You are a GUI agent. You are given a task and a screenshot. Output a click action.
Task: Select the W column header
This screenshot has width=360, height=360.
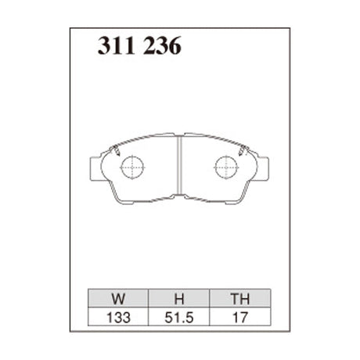[117, 298]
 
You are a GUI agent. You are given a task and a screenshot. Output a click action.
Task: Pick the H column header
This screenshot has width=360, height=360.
[178, 298]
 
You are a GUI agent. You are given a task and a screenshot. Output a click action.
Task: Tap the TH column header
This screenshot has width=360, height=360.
[239, 298]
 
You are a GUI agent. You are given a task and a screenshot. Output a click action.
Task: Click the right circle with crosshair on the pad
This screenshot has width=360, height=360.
[226, 166]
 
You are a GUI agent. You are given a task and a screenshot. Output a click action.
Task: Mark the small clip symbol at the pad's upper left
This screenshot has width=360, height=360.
[115, 151]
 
